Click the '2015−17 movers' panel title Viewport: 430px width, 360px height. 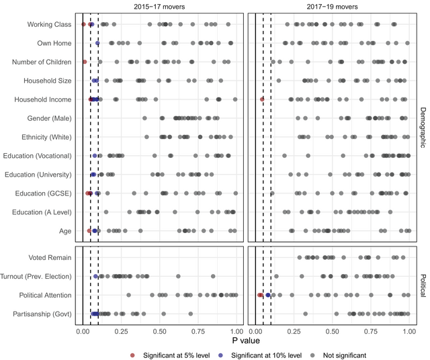tap(159, 7)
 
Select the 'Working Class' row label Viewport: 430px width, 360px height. tap(49, 25)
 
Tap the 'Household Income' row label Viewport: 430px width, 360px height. tap(42, 99)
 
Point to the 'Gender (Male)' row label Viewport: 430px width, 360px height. tap(46, 118)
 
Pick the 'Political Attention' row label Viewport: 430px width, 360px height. tap(44, 295)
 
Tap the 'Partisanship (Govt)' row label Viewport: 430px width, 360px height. tap(42, 314)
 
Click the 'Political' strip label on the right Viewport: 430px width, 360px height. tap(421, 285)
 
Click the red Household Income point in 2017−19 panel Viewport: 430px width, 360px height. tap(262, 99)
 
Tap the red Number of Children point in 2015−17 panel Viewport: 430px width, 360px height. tap(85, 62)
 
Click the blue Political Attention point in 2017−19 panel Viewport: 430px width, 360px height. tap(268, 295)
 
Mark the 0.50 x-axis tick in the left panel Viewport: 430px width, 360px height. tap(160, 331)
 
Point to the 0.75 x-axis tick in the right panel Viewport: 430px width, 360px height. tap(371, 331)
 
